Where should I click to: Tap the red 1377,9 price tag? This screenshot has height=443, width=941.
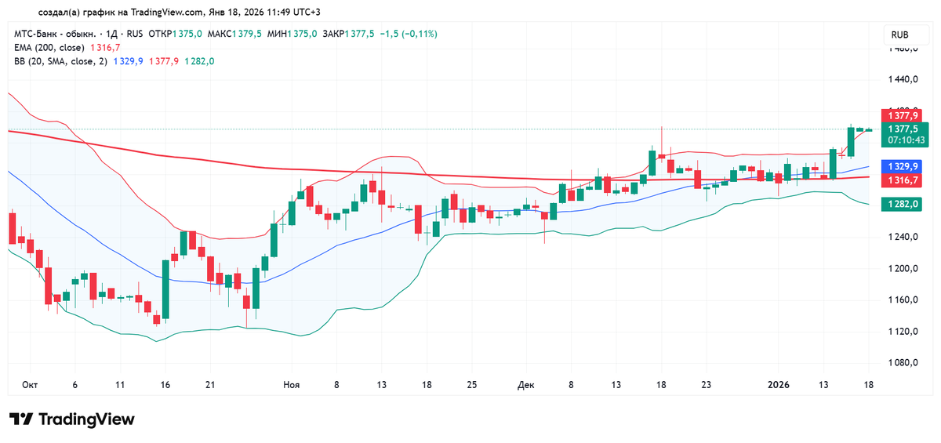pyautogui.click(x=903, y=115)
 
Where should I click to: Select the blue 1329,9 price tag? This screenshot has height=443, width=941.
pyautogui.click(x=903, y=166)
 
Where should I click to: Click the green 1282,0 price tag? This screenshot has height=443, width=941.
pyautogui.click(x=903, y=204)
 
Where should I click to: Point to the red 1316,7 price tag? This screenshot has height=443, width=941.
pyautogui.click(x=903, y=180)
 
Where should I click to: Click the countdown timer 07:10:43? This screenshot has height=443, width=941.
pyautogui.click(x=906, y=140)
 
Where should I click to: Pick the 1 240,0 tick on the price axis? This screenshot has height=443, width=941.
pyautogui.click(x=901, y=238)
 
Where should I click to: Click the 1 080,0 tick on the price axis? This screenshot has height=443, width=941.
pyautogui.click(x=901, y=363)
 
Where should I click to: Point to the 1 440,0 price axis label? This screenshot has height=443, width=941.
pyautogui.click(x=901, y=80)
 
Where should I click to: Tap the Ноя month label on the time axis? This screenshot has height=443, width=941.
pyautogui.click(x=291, y=385)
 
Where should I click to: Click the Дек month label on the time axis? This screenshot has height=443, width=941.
pyautogui.click(x=525, y=385)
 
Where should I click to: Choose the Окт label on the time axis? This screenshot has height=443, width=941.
pyautogui.click(x=30, y=385)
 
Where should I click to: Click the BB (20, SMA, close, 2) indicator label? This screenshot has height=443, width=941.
pyautogui.click(x=61, y=61)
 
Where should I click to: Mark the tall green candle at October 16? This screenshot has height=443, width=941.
pyautogui.click(x=166, y=290)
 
